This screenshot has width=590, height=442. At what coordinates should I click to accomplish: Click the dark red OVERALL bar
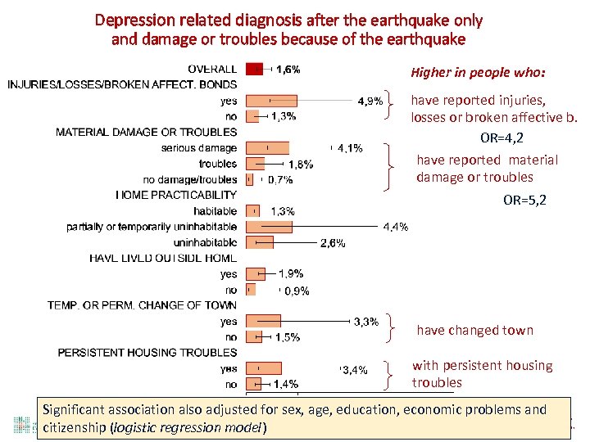254,70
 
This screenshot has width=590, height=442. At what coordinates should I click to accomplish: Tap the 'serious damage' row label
199,148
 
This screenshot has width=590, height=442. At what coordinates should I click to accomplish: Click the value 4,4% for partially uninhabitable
395,227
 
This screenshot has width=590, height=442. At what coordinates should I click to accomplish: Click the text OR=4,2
501,138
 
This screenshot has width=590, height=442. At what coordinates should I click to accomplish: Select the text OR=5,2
524,200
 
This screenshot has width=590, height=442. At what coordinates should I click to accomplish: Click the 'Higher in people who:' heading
478,73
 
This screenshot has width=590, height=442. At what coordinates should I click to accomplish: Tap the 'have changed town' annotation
474,331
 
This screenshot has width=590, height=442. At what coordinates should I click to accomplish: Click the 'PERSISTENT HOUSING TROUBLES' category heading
147,353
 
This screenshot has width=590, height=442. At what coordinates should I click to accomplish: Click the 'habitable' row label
216,211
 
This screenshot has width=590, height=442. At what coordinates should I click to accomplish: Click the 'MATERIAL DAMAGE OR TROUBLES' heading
146,133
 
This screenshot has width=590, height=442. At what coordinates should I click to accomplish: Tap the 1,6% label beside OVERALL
288,70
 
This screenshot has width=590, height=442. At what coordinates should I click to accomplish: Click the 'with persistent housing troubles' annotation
482,374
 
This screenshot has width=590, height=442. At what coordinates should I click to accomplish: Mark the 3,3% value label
366,322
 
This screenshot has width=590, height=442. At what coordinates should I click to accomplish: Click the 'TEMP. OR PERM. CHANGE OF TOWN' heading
142,305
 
